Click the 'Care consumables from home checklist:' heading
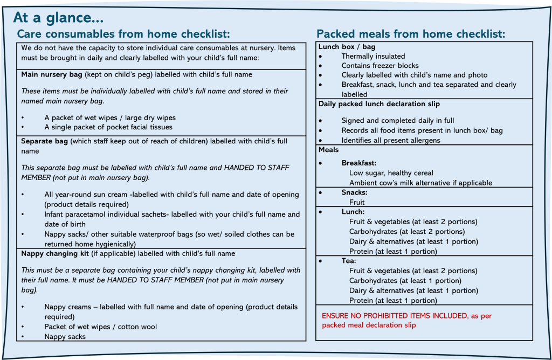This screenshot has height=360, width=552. (x=123, y=34)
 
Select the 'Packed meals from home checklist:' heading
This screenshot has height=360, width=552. (x=411, y=34)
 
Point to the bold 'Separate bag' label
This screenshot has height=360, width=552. (x=44, y=141)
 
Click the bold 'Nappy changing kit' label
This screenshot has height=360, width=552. (x=54, y=253)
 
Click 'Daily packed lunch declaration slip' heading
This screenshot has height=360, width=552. (x=379, y=103)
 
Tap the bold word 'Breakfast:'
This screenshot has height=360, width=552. (x=358, y=163)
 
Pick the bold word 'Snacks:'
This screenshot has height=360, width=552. (x=354, y=192)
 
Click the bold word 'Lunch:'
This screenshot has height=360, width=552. (x=353, y=212)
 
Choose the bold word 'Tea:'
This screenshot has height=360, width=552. (x=349, y=261)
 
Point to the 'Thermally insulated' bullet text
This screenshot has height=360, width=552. (x=373, y=56)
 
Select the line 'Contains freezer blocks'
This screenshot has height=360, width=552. (x=380, y=66)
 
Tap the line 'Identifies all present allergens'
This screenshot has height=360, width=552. (x=391, y=140)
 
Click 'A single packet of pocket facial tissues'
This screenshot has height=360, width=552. (x=108, y=127)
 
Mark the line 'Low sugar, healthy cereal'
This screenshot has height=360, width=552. (x=391, y=173)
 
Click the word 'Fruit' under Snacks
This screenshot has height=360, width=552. (x=357, y=202)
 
